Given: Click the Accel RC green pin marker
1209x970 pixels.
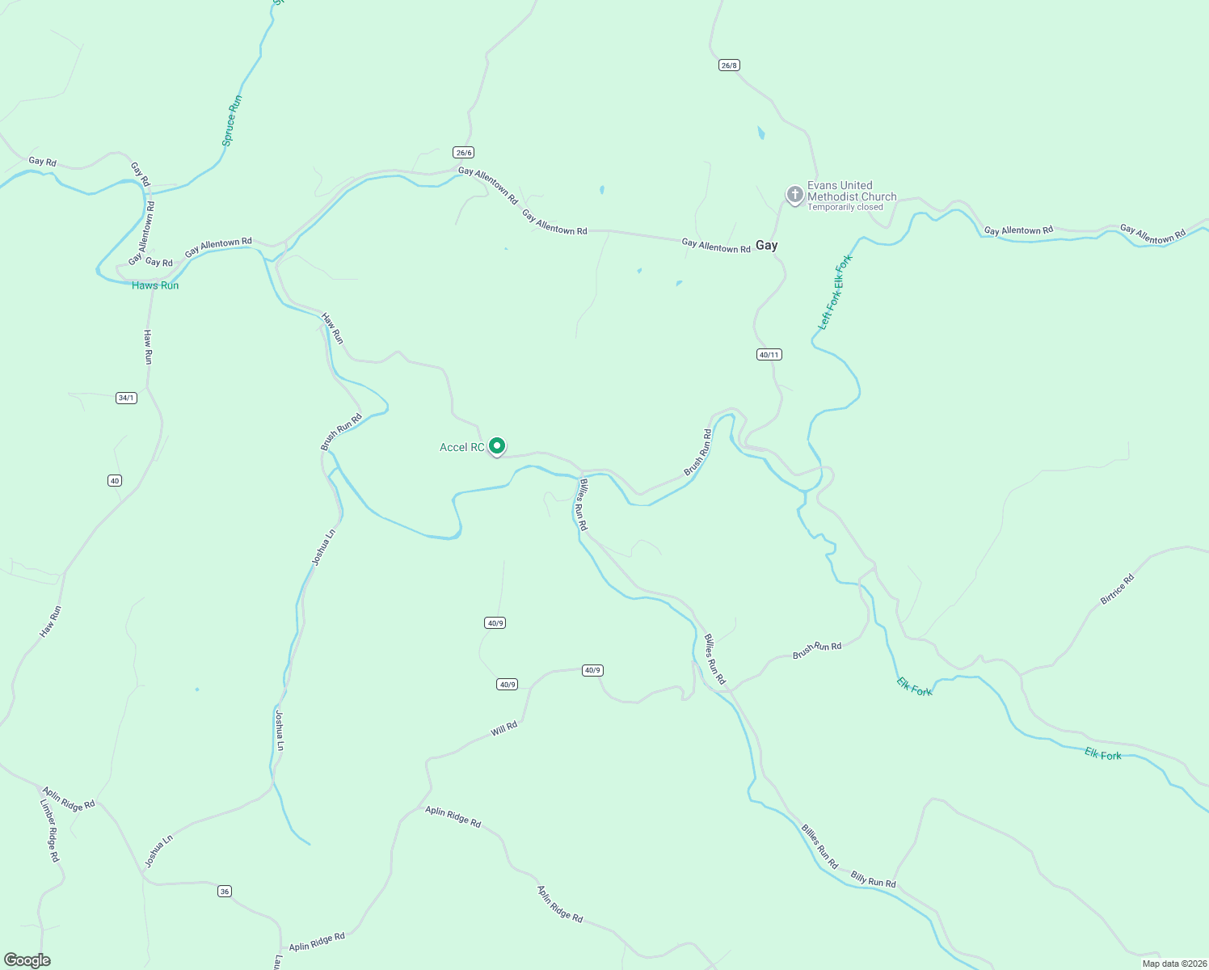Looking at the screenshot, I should point(498,445).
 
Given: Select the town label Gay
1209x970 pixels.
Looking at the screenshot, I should point(766,245).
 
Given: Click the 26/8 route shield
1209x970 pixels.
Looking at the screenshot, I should point(729,65).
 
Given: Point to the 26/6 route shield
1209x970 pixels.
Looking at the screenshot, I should point(463,152).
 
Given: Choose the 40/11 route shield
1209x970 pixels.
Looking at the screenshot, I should point(769,354).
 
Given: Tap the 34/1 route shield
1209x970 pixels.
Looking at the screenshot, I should point(126,398).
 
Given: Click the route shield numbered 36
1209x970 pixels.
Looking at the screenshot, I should point(225,891).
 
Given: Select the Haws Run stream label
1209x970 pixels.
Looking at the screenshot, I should point(155,285).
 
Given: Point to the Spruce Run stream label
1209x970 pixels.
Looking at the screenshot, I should point(233,120).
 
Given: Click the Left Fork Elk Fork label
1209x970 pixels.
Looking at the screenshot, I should point(836,291).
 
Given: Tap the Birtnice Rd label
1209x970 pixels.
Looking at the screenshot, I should point(1118,589).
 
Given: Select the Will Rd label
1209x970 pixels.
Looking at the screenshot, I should point(504,729).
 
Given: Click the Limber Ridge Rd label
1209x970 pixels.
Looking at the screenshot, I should point(50,830).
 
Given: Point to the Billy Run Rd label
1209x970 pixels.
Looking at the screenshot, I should point(873,879).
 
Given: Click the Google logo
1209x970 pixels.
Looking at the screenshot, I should point(27,960).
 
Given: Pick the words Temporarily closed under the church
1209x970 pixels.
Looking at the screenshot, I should point(845,207).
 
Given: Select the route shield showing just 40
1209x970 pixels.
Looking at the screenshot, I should point(115,480).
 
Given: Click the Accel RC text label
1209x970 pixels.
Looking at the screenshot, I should point(461,447).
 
